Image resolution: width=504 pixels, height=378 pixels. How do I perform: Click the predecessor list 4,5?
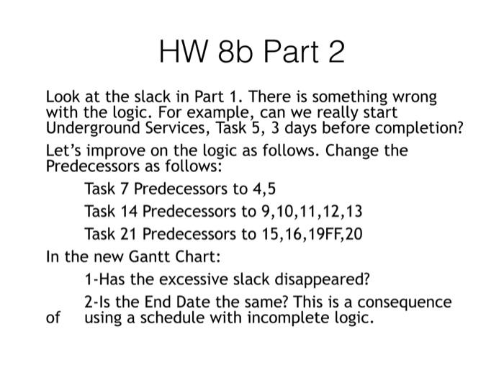(261, 189)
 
